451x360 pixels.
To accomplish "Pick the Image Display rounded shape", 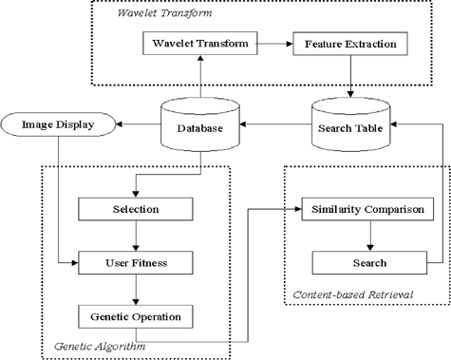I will (59, 124).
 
